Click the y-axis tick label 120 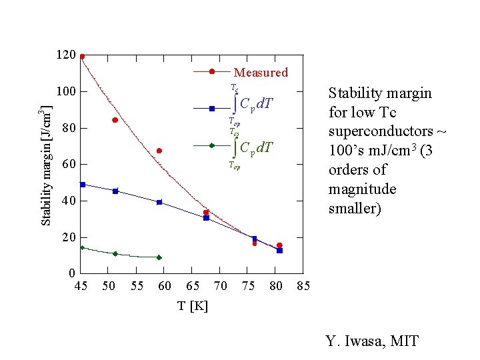coord(66,55)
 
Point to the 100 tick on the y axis coord(66,91)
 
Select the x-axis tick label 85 coord(303,286)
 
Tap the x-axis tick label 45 coord(81,286)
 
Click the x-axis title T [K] coord(193,306)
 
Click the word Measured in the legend coord(261,73)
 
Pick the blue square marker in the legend coord(211,108)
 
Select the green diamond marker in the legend coord(211,145)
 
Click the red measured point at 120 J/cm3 coord(82,57)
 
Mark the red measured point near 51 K coord(115,120)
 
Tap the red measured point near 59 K coord(159,151)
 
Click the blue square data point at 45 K coord(82,184)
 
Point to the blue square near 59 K coord(159,202)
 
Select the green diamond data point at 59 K coord(159,257)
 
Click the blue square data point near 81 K coord(280,251)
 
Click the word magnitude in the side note coord(363,189)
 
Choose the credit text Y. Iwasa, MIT coord(372,341)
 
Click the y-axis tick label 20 coord(67,237)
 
